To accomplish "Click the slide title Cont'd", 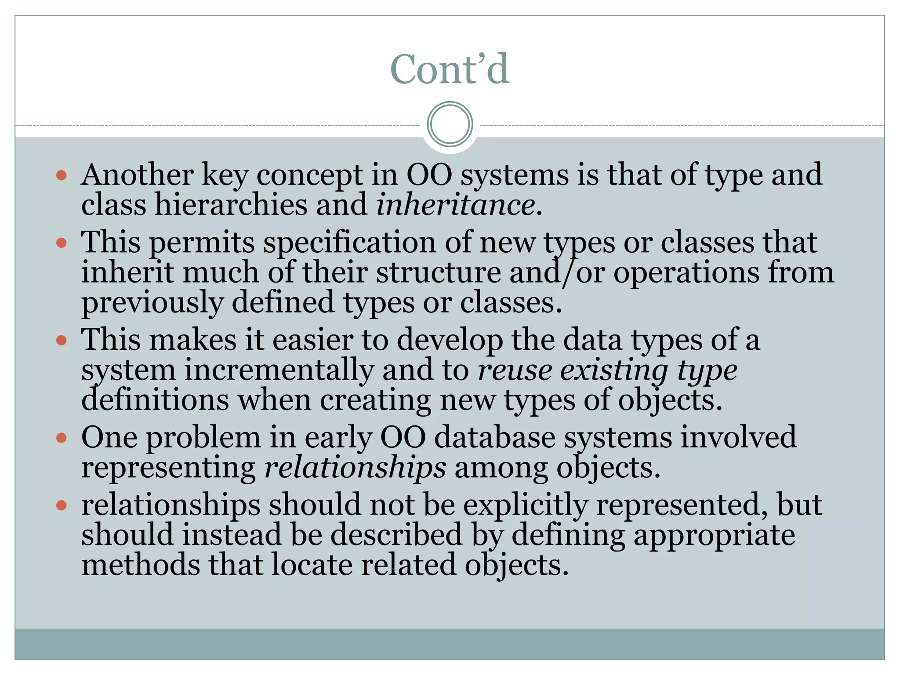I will tap(450, 69).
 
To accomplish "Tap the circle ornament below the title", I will tap(450, 124).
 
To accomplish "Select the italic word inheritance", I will tap(456, 205).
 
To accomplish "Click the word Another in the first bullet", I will tap(137, 174).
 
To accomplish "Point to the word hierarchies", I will tap(231, 205).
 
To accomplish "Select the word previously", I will tap(152, 303).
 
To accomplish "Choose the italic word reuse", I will tap(514, 370).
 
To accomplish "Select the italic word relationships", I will tap(355, 467).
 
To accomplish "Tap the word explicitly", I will tap(526, 504).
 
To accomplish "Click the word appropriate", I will tap(714, 535).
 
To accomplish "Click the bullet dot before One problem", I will tap(62, 438).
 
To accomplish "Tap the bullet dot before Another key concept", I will tap(62, 176).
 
